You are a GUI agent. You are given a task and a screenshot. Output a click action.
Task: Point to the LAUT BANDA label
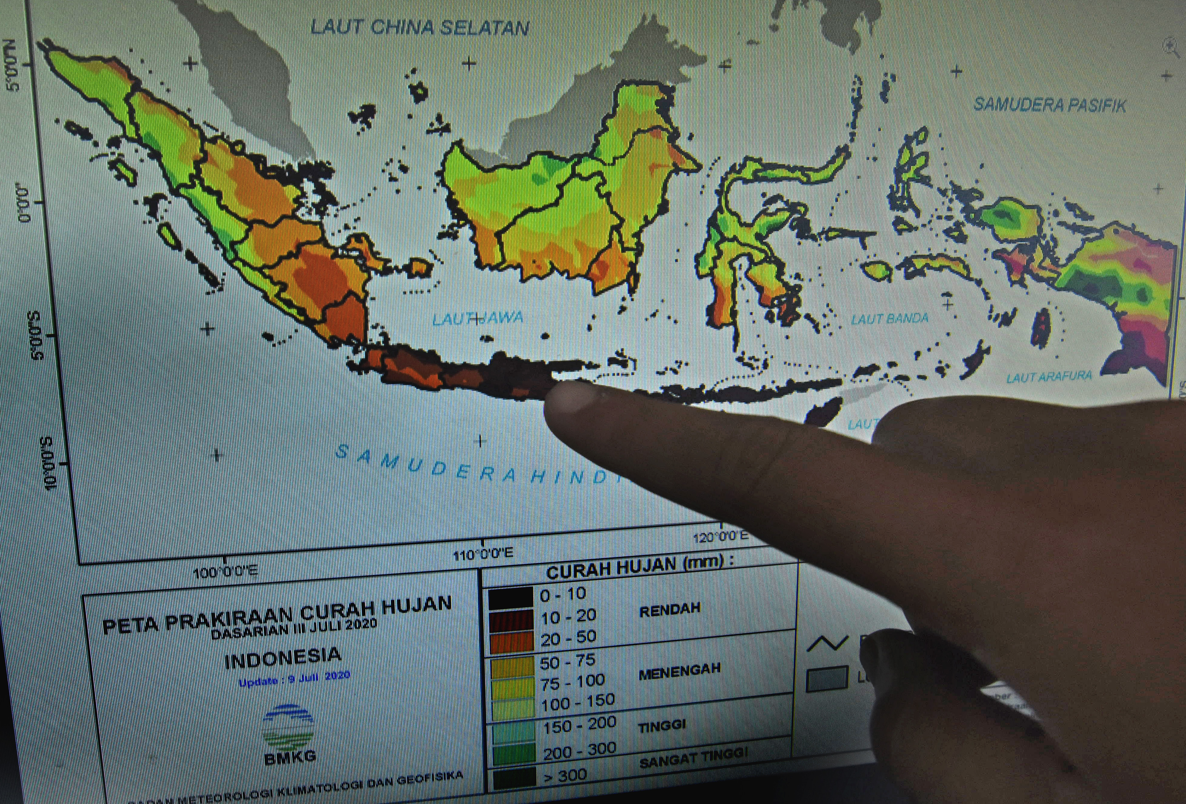[x=889, y=319]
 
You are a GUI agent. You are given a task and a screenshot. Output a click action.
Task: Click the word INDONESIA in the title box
[x=283, y=658]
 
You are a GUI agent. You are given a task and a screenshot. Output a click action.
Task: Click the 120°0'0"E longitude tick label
[x=720, y=536]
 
